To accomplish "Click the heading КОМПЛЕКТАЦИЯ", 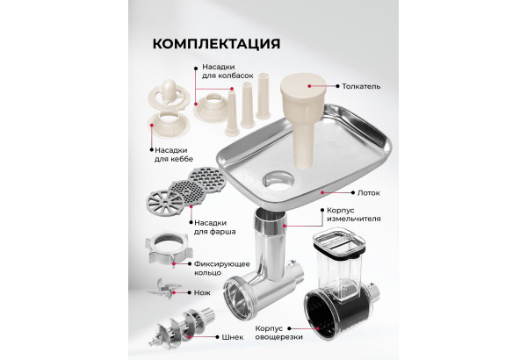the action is coord(216,44).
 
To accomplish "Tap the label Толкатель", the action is coord(361,86).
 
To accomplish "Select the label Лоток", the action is coord(369,193).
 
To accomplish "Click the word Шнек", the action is coord(233,337).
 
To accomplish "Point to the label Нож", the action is coord(202,292).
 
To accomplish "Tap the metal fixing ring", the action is coord(169,249).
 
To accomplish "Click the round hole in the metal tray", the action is coord(278,179).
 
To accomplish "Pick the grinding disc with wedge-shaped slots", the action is coord(165,202).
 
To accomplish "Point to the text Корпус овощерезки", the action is coord(278,333).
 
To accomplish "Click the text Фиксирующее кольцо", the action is coord(222,268).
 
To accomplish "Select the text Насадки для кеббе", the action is coord(174,155).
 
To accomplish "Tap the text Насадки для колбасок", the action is coord(227,71).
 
